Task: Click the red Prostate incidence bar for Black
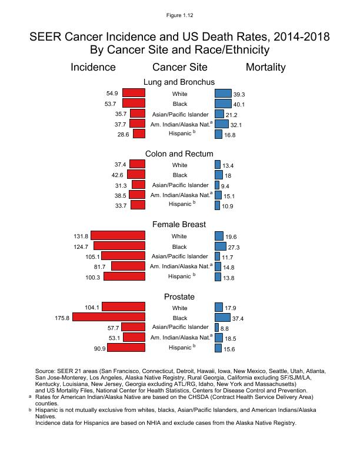tap(109, 318)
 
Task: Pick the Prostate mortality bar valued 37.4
tap(222, 318)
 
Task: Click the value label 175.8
tap(62, 318)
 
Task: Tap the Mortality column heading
tap(265, 67)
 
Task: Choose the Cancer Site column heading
tap(179, 67)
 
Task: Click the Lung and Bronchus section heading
tap(179, 82)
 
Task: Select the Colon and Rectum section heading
tap(179, 154)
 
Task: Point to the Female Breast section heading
tap(179, 225)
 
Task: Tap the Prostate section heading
tap(179, 297)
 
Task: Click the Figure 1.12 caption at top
tap(180, 14)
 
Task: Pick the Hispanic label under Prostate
tap(180, 348)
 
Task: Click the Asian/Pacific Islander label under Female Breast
tap(179, 257)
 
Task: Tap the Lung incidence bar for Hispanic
tap(139, 134)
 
